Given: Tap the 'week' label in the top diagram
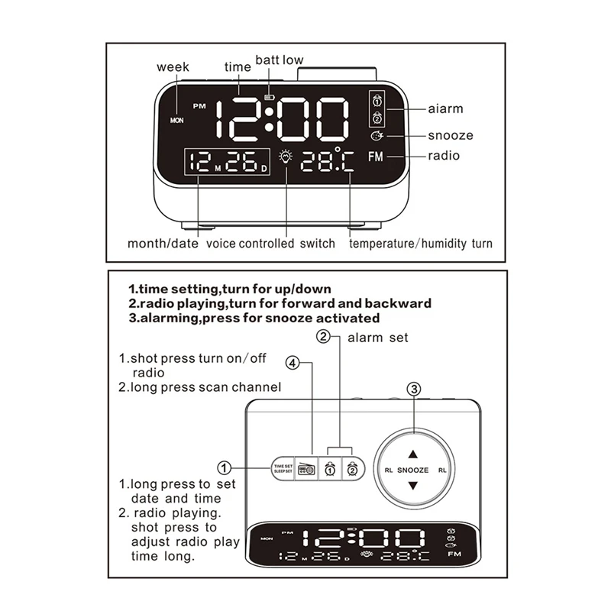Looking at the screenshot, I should coord(173,67).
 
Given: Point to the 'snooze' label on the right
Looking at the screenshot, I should coord(450,135).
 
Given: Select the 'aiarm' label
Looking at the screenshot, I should coord(445,109).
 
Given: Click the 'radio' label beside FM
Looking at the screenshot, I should coord(443,156).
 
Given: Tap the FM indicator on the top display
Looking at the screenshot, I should coord(376,157).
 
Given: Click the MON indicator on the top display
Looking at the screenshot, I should coord(177,120).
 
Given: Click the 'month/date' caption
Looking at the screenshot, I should coord(161,244).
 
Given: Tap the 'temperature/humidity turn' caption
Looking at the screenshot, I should coord(421,244).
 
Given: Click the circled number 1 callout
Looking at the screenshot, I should coord(225,467).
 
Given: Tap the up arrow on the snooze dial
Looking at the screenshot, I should coord(413,452).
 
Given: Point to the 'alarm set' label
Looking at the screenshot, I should coord(378,337).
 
